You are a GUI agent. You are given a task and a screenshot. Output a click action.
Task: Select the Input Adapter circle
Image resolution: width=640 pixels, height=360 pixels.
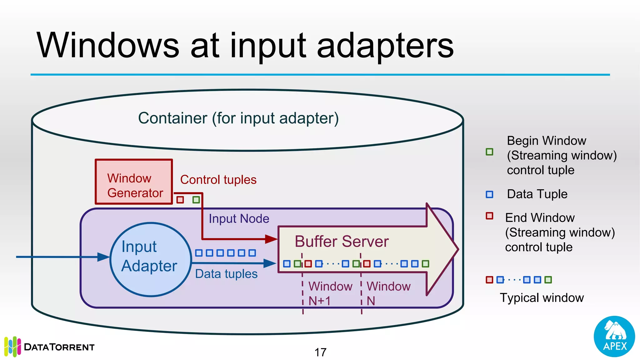pyautogui.click(x=150, y=259)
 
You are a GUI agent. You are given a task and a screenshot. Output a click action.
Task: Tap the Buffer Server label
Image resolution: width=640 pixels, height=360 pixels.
pyautogui.click(x=342, y=242)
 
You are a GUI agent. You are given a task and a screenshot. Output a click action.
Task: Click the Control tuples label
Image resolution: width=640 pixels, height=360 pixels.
pyautogui.click(x=218, y=180)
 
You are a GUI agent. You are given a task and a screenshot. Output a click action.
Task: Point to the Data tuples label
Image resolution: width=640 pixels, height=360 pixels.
pyautogui.click(x=226, y=274)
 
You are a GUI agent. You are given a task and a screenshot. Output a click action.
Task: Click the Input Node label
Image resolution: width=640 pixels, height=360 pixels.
pyautogui.click(x=239, y=218)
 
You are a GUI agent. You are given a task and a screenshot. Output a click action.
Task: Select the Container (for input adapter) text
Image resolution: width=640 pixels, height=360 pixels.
pyautogui.click(x=238, y=118)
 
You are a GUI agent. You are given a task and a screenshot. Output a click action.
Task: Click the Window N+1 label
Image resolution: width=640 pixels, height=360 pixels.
pyautogui.click(x=330, y=293)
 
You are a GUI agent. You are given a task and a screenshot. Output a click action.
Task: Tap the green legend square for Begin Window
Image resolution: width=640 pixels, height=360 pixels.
pyautogui.click(x=489, y=152)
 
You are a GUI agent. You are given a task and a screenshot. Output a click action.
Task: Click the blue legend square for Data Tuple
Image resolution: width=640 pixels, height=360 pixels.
pyautogui.click(x=489, y=194)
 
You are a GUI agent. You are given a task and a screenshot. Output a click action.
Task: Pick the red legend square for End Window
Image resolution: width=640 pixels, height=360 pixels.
pyautogui.click(x=489, y=216)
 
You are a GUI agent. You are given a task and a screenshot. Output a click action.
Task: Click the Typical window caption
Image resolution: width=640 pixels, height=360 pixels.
pyautogui.click(x=542, y=297)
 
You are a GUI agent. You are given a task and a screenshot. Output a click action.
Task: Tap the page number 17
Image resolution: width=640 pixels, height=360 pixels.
pyautogui.click(x=320, y=352)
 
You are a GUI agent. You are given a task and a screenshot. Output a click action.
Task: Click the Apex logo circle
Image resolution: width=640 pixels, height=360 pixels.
pyautogui.click(x=614, y=336)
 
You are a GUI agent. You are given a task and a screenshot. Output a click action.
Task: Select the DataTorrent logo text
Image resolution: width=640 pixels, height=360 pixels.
pyautogui.click(x=59, y=347)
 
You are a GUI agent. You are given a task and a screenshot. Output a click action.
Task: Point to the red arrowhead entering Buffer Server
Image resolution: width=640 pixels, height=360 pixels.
pyautogui.click(x=271, y=239)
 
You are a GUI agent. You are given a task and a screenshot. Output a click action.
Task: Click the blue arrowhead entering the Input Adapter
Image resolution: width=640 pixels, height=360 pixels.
pyautogui.click(x=103, y=257)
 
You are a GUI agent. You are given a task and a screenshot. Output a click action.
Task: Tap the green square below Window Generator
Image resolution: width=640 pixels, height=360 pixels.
pyautogui.click(x=196, y=200)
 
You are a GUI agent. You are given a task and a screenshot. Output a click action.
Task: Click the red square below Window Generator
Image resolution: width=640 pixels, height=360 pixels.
pyautogui.click(x=180, y=200)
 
